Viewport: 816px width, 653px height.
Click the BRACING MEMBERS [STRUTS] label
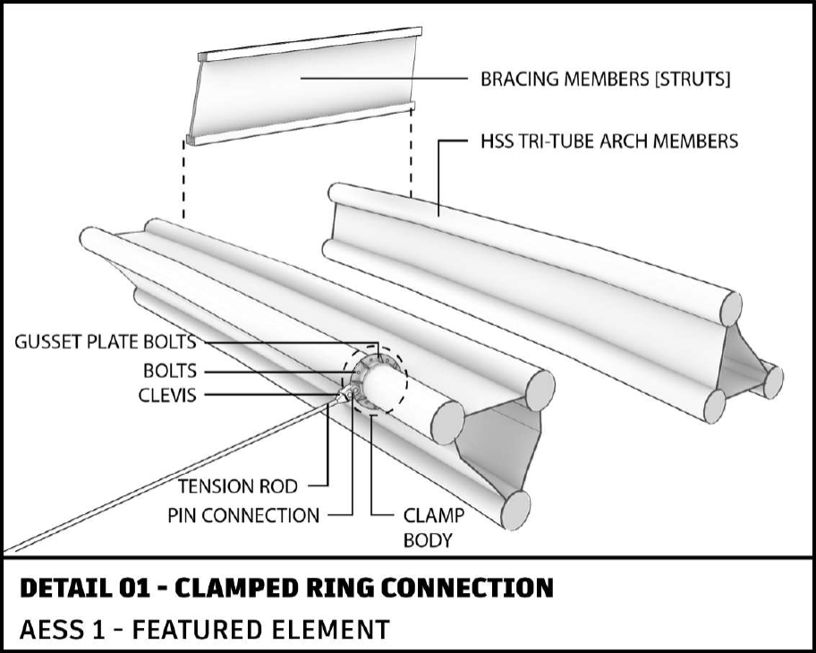605,79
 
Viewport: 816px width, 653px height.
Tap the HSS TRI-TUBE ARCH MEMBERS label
609,142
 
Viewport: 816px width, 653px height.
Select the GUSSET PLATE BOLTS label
105,342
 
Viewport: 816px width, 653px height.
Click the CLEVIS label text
167,395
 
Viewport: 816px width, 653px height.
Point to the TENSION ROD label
238,486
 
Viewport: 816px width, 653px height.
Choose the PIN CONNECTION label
243,515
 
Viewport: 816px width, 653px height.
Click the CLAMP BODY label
433,528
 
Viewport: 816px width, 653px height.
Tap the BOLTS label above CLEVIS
170,371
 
